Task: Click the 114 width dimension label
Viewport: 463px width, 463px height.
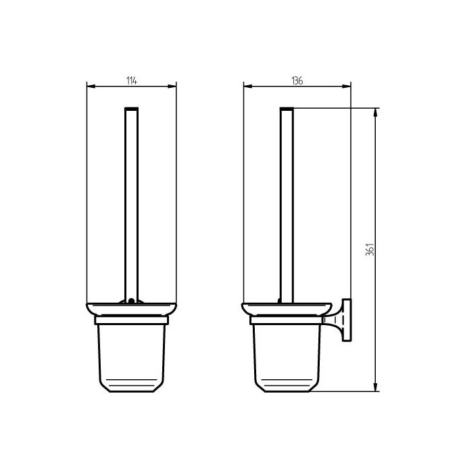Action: pyautogui.click(x=132, y=80)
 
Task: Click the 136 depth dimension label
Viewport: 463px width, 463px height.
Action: pyautogui.click(x=297, y=80)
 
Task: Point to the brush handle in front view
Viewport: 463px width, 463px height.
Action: pyautogui.click(x=132, y=203)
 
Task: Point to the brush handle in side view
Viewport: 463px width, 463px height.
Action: pyautogui.click(x=287, y=203)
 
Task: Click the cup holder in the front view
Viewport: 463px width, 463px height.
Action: pyautogui.click(x=132, y=355)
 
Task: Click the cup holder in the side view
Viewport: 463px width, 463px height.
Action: pyautogui.click(x=287, y=355)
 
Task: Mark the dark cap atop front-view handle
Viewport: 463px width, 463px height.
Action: pyautogui.click(x=132, y=108)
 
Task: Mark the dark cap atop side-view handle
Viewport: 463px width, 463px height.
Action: pyautogui.click(x=287, y=108)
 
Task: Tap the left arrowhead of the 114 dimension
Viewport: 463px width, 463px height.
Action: pyautogui.click(x=91, y=86)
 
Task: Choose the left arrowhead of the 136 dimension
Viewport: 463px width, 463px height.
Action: pyautogui.click(x=246, y=86)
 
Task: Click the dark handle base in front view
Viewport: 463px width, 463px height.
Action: pyautogui.click(x=132, y=301)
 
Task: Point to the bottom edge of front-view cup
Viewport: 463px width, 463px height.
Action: pyautogui.click(x=132, y=391)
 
